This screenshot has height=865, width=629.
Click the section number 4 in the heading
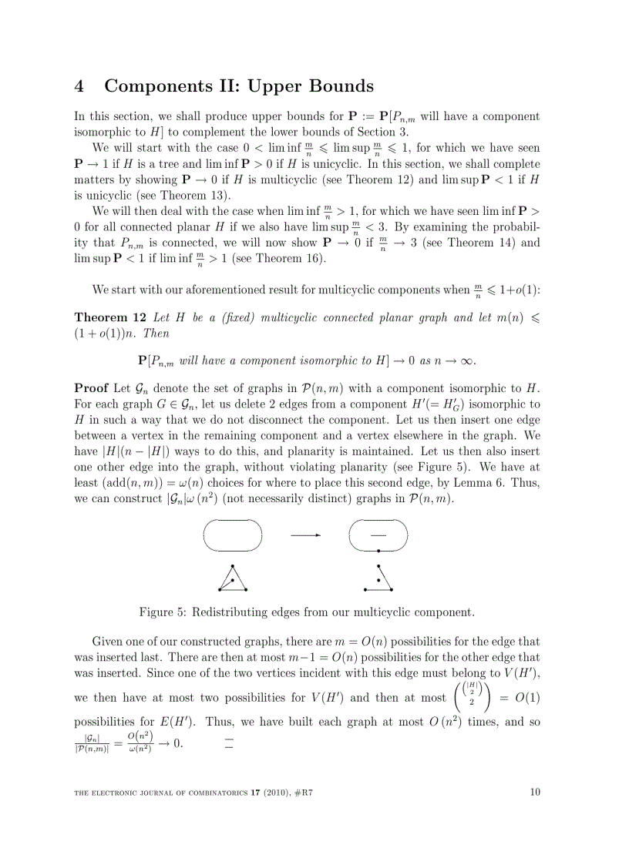[x=79, y=86]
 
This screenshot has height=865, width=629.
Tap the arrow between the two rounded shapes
[x=306, y=535]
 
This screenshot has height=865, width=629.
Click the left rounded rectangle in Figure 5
[x=233, y=535]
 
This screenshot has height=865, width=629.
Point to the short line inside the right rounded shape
[x=378, y=534]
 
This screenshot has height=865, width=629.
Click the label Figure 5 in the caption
[x=162, y=612]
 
